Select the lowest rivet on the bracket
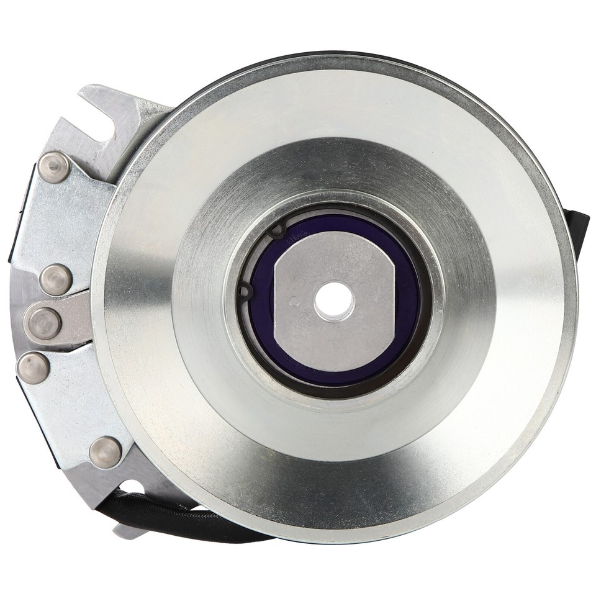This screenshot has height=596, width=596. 106,451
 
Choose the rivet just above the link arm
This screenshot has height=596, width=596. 56,279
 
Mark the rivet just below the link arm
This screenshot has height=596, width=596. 34,368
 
